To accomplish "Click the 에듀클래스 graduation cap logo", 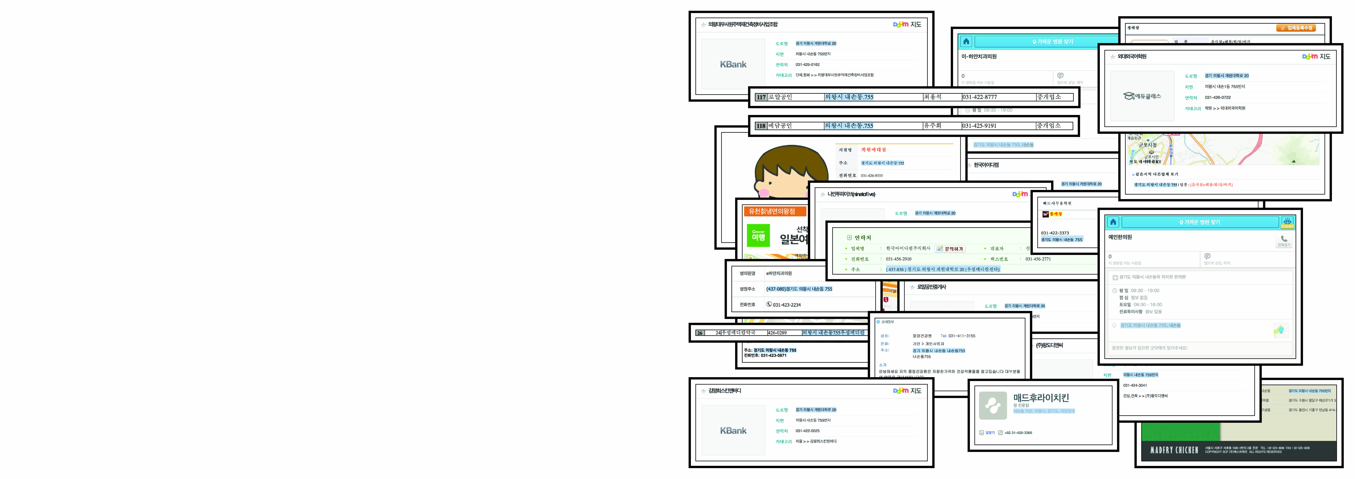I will pos(1141,96).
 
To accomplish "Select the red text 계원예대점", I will pos(873,150).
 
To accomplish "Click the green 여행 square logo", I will pos(758,236).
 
